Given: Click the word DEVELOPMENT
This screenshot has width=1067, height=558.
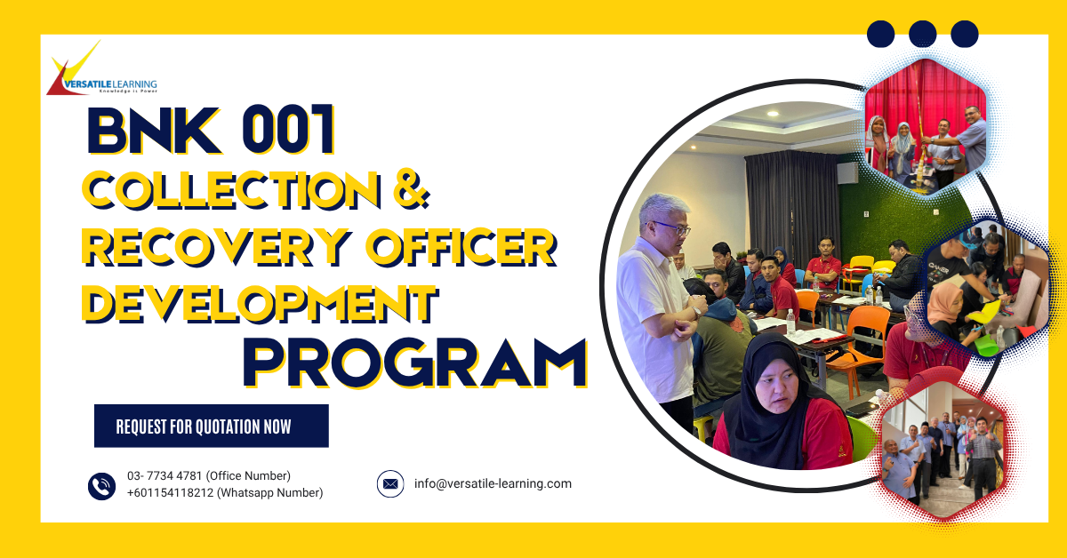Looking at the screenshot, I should (x=259, y=302).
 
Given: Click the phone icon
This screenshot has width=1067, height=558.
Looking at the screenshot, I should (x=101, y=485).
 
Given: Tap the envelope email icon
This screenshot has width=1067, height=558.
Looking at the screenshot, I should (x=390, y=484).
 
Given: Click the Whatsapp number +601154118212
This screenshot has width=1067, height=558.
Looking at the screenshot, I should (x=170, y=493).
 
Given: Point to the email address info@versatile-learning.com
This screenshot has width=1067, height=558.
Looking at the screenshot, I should (x=493, y=484).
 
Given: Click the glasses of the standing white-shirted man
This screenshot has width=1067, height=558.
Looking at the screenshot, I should (x=672, y=228).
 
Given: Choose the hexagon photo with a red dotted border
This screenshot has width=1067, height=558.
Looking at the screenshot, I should (x=943, y=453).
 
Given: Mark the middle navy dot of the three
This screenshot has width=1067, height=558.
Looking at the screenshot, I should (x=923, y=34).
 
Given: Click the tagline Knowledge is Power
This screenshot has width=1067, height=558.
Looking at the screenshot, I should (x=126, y=91).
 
